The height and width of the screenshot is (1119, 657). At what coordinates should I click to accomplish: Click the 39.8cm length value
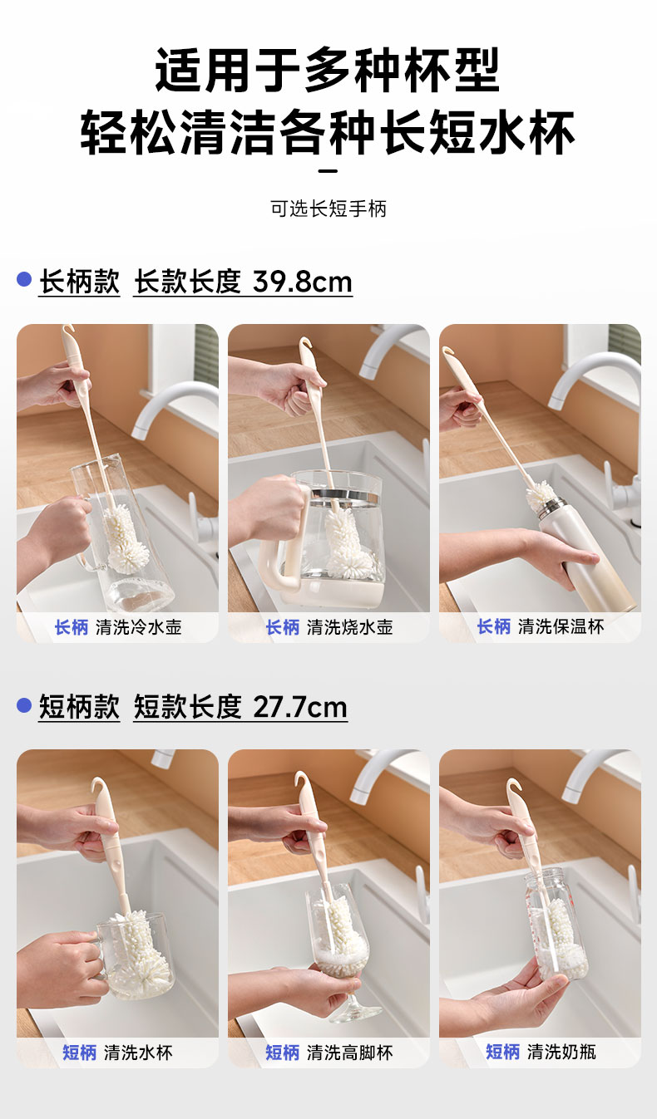[303, 282]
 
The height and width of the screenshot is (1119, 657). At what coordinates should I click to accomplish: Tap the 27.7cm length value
[300, 707]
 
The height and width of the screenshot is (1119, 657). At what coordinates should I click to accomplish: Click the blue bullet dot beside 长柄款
[24, 279]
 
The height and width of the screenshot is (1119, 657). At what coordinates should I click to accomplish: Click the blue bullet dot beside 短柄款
[24, 705]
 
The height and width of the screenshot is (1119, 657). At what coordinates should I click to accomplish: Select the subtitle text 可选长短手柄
[328, 209]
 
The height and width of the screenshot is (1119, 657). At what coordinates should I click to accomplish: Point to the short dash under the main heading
[328, 171]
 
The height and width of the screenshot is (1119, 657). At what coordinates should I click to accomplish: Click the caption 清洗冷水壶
[139, 627]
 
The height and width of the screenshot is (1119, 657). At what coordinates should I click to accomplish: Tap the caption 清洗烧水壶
[350, 627]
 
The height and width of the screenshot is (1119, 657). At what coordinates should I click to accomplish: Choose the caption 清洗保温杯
[561, 626]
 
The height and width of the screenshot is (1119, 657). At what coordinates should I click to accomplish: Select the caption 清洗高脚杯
[350, 1053]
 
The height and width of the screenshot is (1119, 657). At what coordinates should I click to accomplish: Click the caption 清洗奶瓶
[561, 1052]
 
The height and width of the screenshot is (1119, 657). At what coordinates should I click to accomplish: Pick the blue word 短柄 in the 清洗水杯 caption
[80, 1053]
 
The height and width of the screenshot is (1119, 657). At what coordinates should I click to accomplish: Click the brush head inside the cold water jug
[126, 538]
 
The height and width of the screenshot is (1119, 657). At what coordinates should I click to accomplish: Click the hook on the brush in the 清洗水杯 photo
[96, 788]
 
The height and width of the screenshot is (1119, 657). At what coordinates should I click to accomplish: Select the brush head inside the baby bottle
[560, 935]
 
